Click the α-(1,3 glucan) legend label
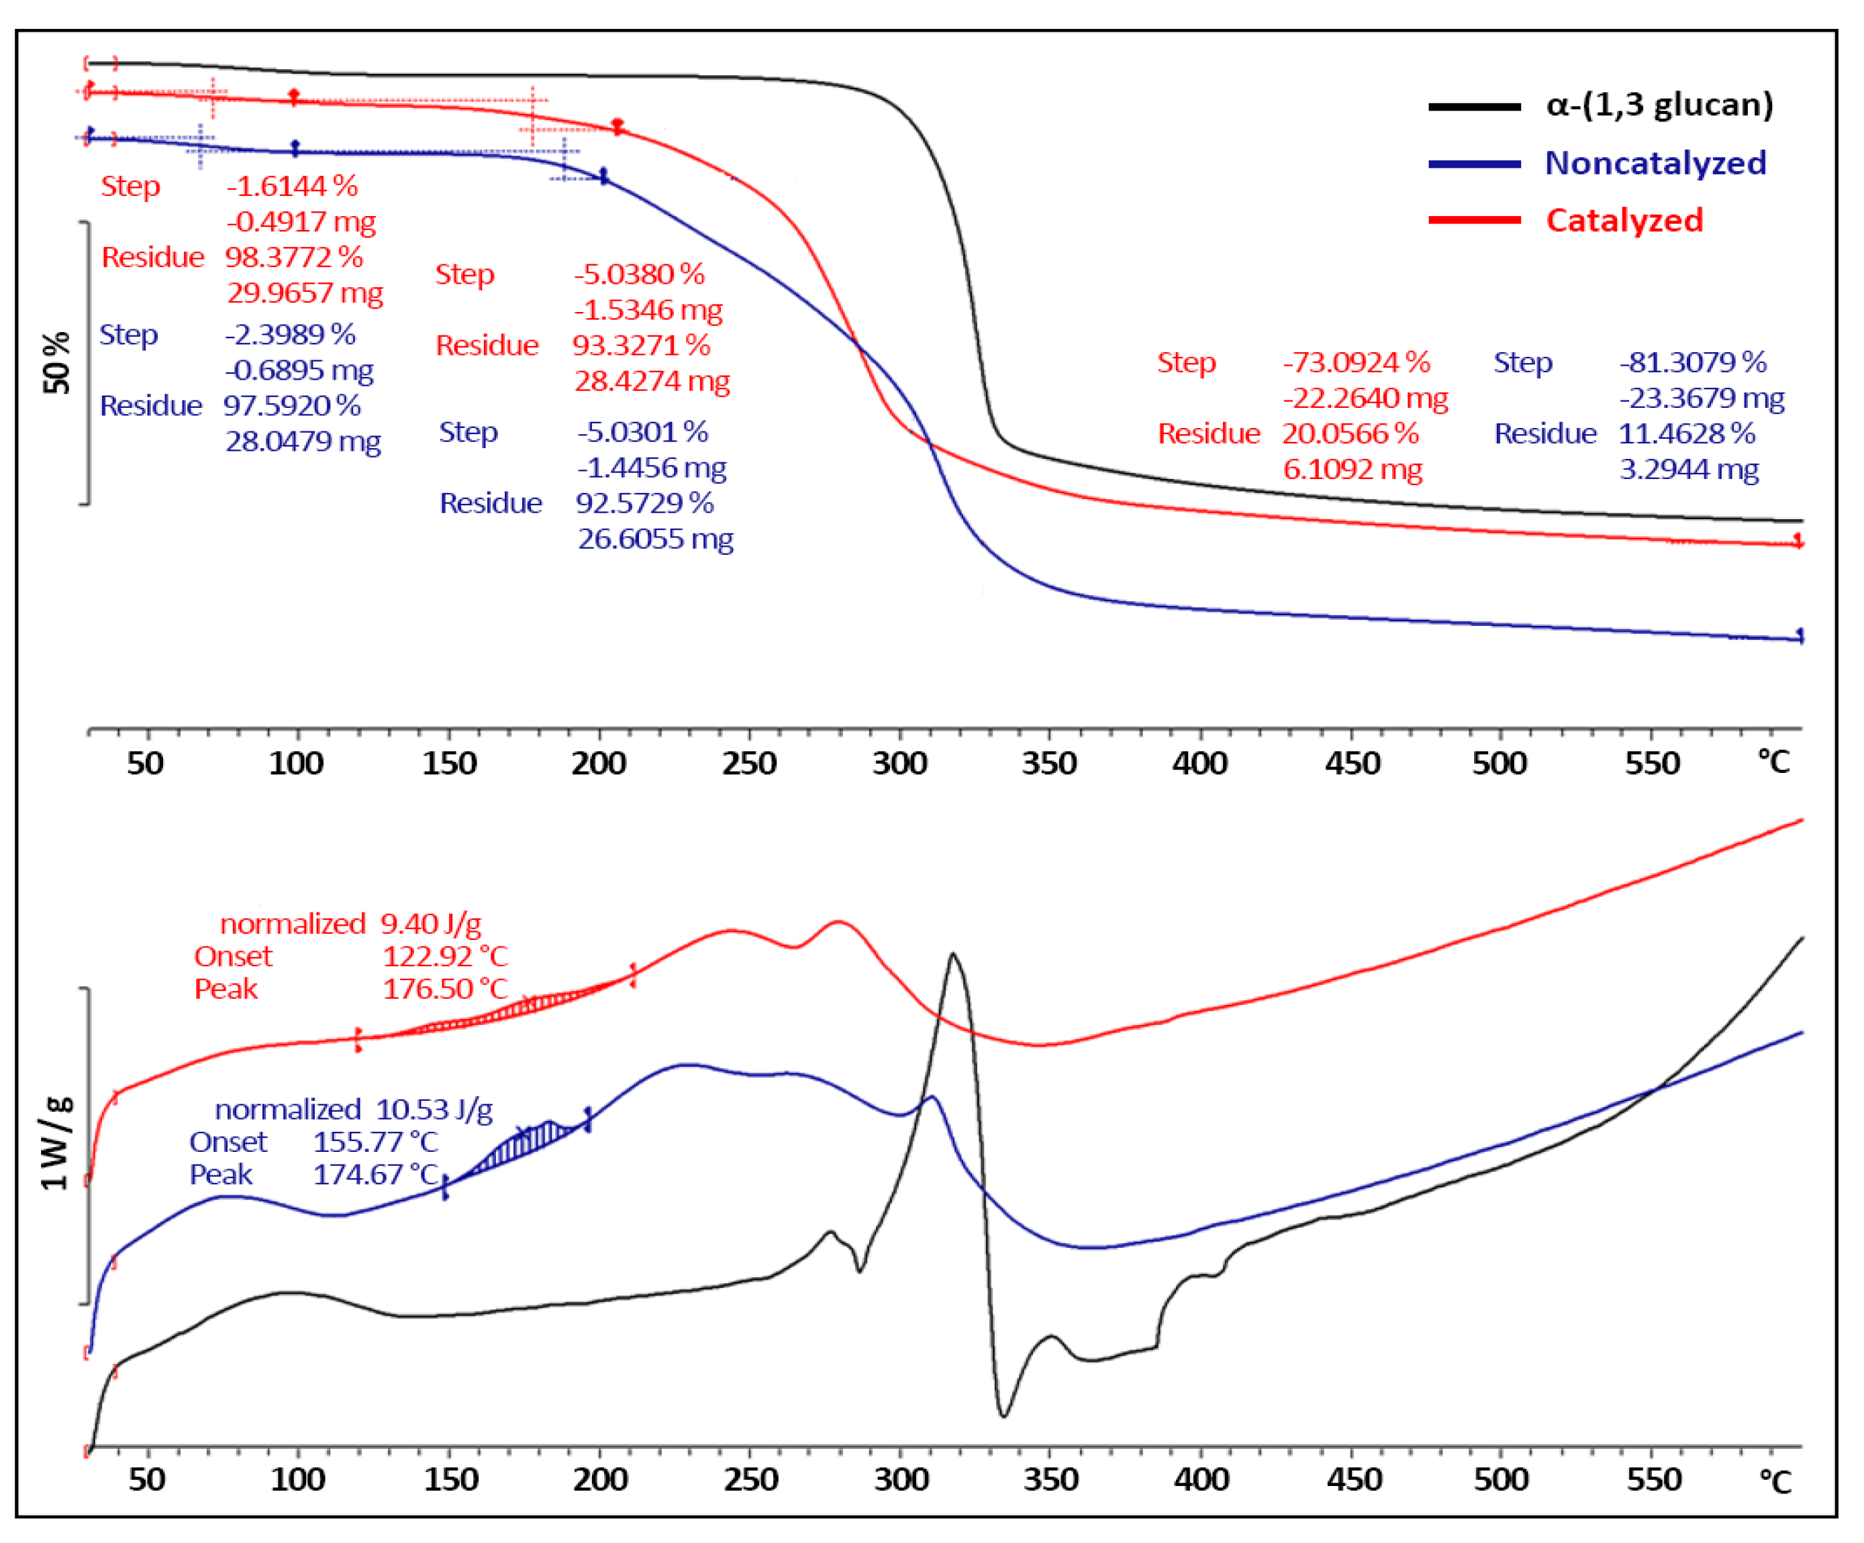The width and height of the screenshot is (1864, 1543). [x=1658, y=105]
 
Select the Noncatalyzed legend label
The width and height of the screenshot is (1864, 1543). [x=1655, y=163]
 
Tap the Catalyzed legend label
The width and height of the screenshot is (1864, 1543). [x=1624, y=220]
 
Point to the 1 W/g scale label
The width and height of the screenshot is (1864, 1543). [x=55, y=1144]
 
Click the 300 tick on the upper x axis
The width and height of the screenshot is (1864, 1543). [x=899, y=763]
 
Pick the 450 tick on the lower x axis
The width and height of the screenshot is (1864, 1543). [x=1353, y=1479]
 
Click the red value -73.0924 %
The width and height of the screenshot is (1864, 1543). [x=1355, y=362]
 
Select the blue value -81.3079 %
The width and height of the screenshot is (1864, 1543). [x=1691, y=362]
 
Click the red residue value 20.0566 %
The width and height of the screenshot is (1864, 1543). [x=1349, y=433]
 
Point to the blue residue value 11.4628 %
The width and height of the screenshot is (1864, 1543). [x=1685, y=433]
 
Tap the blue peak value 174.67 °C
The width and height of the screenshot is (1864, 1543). [x=375, y=1174]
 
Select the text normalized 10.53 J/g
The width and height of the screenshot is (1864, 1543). [x=353, y=1109]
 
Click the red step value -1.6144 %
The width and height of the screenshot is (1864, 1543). [x=292, y=185]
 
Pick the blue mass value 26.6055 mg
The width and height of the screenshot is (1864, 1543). [x=655, y=539]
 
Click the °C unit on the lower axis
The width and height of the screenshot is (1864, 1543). [x=1775, y=1481]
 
